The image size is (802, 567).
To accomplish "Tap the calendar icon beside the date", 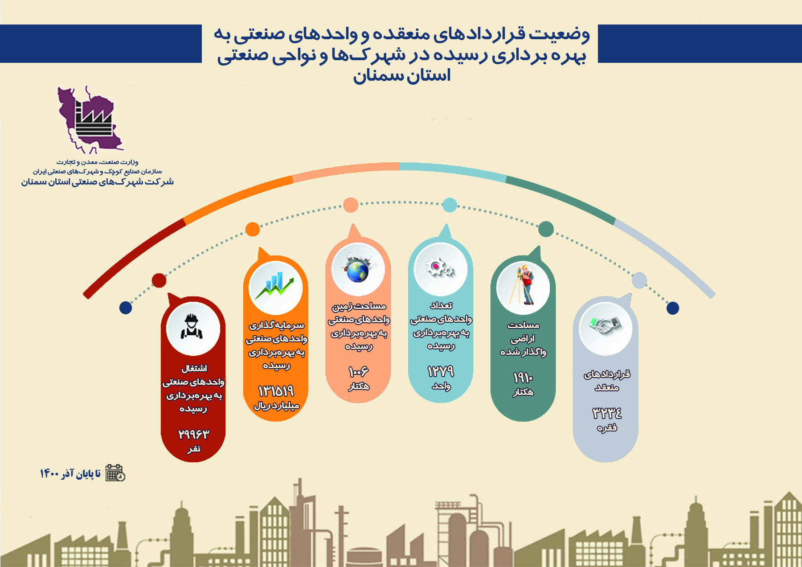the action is (x=115, y=473).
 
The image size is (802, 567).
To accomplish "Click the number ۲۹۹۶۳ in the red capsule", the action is (x=193, y=434).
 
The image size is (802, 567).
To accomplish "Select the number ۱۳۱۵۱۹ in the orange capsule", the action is (x=276, y=391).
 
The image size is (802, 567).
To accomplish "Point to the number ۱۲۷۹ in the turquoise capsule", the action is (x=440, y=371).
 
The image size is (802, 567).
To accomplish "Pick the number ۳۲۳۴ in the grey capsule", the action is (x=606, y=413).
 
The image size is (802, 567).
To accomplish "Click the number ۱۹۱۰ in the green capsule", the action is (x=523, y=378).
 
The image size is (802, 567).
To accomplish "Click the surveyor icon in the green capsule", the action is (x=523, y=285).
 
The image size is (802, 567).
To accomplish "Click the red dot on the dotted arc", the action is (x=159, y=280).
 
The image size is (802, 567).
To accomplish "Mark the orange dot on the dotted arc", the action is (x=253, y=229).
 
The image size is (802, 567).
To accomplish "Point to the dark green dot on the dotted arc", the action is (x=546, y=229).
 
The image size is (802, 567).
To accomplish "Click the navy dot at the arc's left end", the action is (x=126, y=308).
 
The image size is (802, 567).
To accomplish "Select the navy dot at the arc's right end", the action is (x=673, y=308).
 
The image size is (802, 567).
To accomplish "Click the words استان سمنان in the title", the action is (x=402, y=75).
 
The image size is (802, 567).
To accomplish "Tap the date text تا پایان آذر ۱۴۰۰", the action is (x=70, y=473).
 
